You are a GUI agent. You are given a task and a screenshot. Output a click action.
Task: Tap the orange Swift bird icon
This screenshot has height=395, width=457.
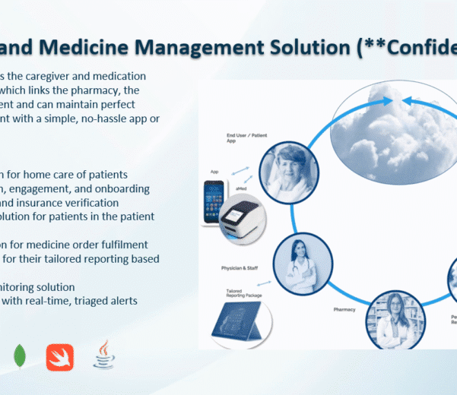60,356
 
